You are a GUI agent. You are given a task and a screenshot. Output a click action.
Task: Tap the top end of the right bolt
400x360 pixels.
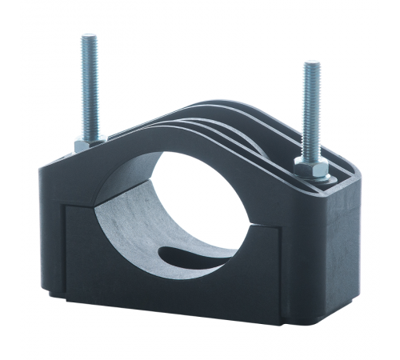pos(310,63)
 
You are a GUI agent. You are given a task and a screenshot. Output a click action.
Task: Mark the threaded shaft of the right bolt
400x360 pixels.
pos(310,112)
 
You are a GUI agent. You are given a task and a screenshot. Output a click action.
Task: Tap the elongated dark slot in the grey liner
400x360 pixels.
pos(192,257)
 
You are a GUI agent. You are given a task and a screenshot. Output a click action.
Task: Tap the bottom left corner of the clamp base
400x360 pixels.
pos(52,293)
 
